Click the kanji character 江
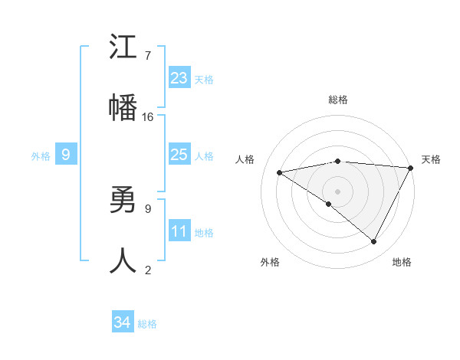tap(123, 48)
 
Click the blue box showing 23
tap(179, 77)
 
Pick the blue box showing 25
tap(179, 155)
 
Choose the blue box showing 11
tap(179, 231)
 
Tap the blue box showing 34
tap(122, 322)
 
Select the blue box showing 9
tap(66, 155)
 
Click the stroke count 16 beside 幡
tap(148, 117)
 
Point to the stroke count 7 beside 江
tap(148, 56)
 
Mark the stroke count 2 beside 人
tap(148, 270)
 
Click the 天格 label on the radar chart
tap(431, 159)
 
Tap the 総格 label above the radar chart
tap(338, 100)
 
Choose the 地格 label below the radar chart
tap(402, 262)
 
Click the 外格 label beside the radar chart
tap(270, 262)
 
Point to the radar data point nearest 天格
tap(411, 168)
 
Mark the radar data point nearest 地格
tap(374, 242)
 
